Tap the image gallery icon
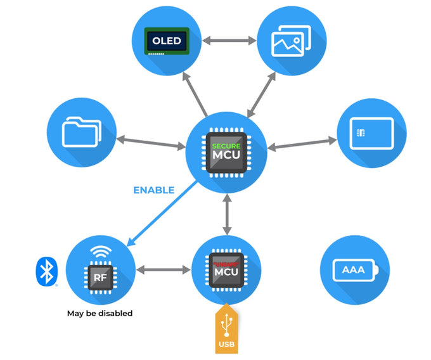click(x=291, y=41)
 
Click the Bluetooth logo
click(x=44, y=271)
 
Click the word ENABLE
click(x=153, y=190)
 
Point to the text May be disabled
click(x=100, y=313)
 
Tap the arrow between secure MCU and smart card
click(x=302, y=143)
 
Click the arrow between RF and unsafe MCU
click(x=164, y=269)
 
